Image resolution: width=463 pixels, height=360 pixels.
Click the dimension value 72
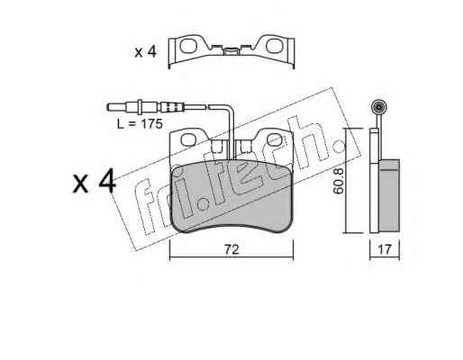click(x=231, y=249)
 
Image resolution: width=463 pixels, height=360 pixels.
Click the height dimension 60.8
click(x=339, y=182)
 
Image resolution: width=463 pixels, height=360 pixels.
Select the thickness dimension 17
click(x=385, y=249)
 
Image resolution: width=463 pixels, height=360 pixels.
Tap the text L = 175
click(x=140, y=123)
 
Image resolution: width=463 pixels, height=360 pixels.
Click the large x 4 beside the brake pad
click(x=94, y=181)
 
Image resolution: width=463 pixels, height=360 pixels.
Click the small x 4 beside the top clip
click(x=146, y=52)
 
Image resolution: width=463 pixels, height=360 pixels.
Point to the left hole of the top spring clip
click(x=188, y=46)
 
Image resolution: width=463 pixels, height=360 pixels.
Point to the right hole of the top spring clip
click(x=274, y=46)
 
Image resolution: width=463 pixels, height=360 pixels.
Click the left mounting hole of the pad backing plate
click(x=189, y=139)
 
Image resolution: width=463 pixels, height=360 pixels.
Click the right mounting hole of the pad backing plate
click(x=275, y=139)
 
